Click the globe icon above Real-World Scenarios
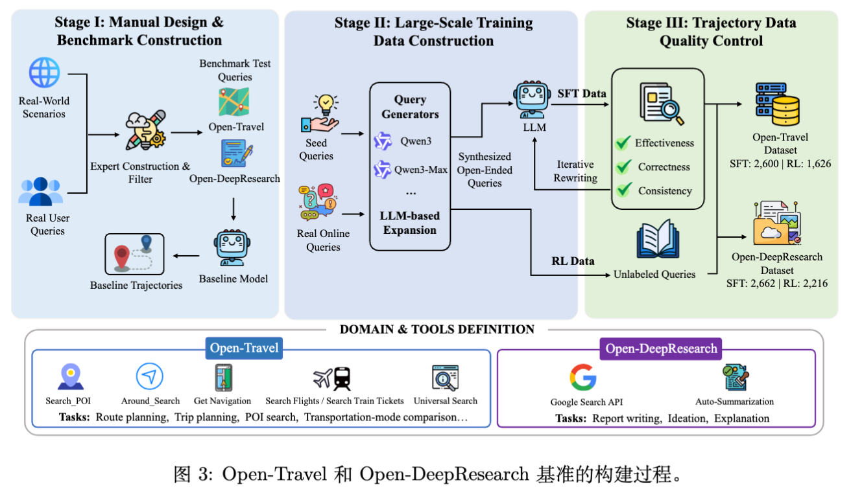[45, 73]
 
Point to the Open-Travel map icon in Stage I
[234, 102]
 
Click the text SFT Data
[582, 93]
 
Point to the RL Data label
[573, 261]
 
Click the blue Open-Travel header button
[244, 348]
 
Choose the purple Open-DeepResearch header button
[661, 349]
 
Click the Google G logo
[583, 378]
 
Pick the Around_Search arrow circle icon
[150, 376]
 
